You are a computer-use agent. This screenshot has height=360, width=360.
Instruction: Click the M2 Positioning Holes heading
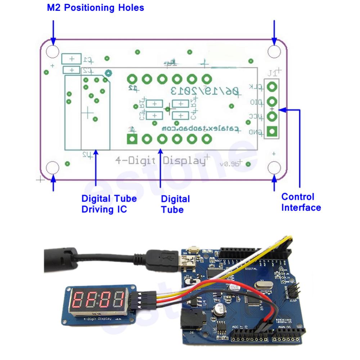point(95,8)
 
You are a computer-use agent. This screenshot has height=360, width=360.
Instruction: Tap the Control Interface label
point(301,202)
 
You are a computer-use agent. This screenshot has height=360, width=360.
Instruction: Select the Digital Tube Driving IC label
point(109,204)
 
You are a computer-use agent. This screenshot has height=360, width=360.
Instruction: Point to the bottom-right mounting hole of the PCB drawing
point(274,168)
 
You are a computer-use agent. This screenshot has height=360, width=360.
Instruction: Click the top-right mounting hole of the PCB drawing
point(274,51)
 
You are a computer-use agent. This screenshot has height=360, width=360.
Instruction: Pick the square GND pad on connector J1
point(272,131)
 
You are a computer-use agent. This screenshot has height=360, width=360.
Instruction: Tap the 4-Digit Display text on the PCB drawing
point(160,160)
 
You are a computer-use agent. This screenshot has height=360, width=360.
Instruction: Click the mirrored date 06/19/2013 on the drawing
point(206,91)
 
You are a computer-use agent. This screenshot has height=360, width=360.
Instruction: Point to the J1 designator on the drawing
point(273,73)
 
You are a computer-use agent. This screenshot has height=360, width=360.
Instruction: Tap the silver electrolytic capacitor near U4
point(219,309)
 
